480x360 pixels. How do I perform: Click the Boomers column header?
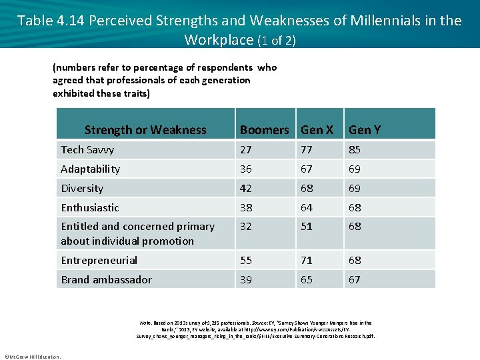point(264,130)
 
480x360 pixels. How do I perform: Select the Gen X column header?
point(317,130)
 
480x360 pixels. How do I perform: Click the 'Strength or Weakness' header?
point(145,130)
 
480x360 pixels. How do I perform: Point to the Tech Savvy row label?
point(87,150)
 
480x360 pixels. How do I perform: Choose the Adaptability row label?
point(90,169)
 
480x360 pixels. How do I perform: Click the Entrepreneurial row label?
point(99,261)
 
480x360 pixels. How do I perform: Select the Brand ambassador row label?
point(106,280)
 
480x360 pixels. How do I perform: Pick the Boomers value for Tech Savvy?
point(246,150)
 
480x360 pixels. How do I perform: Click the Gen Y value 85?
point(355,150)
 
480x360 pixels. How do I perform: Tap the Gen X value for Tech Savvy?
point(307,150)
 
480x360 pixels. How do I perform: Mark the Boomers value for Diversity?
point(246,189)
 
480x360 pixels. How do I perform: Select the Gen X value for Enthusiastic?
point(307,208)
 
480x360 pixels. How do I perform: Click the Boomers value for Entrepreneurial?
point(246,261)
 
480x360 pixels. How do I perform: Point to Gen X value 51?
point(307,227)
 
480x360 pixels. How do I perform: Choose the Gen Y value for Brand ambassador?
point(355,280)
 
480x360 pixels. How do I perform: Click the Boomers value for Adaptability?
point(246,169)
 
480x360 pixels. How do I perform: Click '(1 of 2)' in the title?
point(276,41)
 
